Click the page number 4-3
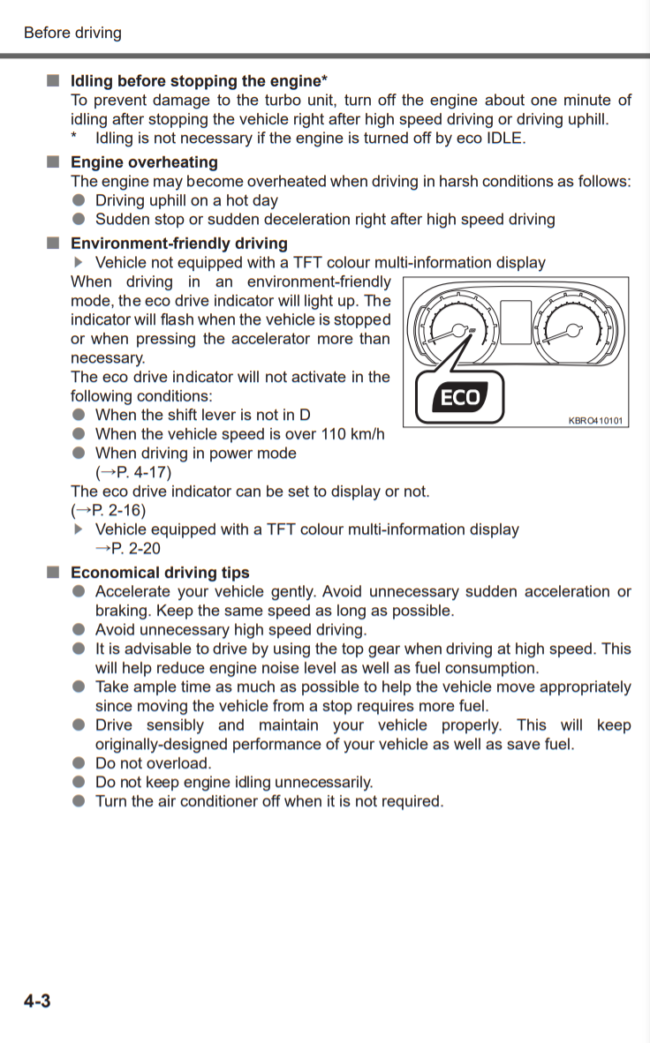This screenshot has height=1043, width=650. pyautogui.click(x=37, y=1001)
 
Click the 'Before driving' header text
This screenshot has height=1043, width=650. pyautogui.click(x=72, y=33)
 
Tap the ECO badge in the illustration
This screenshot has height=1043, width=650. pyautogui.click(x=459, y=398)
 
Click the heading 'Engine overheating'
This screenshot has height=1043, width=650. pyautogui.click(x=144, y=162)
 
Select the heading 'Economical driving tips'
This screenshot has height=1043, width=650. pyautogui.click(x=160, y=573)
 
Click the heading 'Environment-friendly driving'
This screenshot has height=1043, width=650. pyautogui.click(x=178, y=244)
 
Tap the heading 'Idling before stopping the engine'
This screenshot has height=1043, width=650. pyautogui.click(x=196, y=81)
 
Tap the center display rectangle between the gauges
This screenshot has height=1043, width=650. pyautogui.click(x=516, y=322)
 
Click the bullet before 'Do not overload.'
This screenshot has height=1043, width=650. pyautogui.click(x=79, y=763)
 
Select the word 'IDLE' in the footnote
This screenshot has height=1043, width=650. pyautogui.click(x=504, y=139)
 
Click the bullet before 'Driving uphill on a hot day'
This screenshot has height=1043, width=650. pyautogui.click(x=79, y=200)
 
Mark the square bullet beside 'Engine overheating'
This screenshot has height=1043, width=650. pyautogui.click(x=53, y=162)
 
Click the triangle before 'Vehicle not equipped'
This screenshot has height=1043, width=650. pyautogui.click(x=79, y=262)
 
